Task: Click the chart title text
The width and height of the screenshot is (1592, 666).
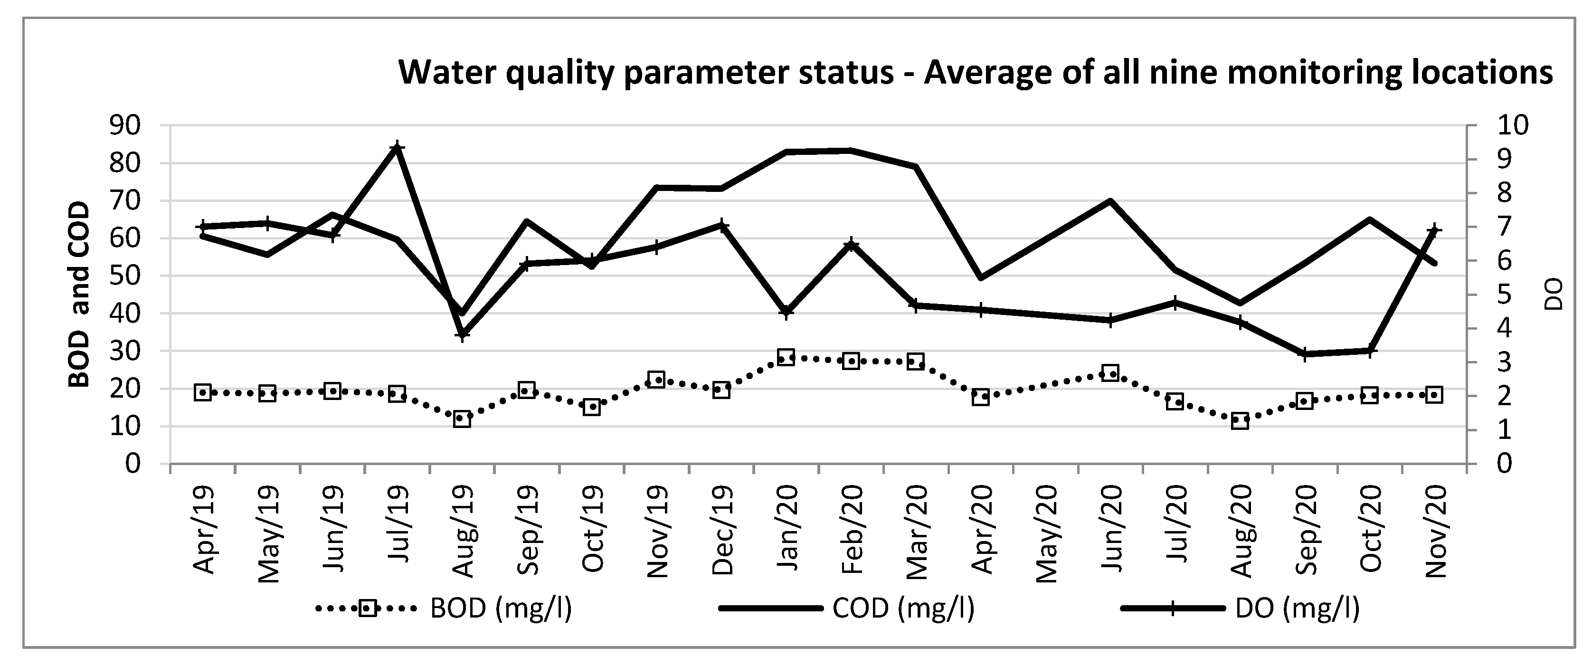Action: point(975,72)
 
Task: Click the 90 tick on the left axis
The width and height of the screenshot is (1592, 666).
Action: point(133,125)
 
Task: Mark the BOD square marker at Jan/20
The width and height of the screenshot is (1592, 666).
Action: point(786,357)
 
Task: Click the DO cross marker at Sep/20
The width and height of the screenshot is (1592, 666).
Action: point(1305,354)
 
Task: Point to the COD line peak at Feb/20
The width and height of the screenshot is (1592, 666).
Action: point(851,150)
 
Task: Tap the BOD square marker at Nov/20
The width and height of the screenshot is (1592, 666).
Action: point(1434,395)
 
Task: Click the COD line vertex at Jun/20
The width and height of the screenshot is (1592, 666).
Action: point(1110,201)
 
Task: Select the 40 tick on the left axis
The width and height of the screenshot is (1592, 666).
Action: point(133,313)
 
